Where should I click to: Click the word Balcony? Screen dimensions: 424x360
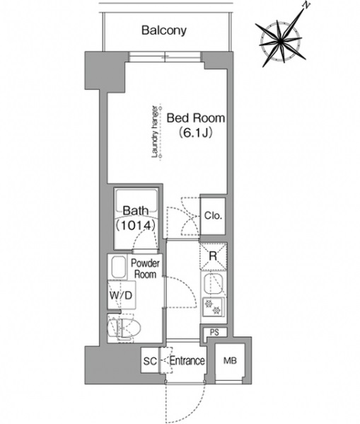click(163, 30)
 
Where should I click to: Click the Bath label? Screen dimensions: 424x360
click(134, 211)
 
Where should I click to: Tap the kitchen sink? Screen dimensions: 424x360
click(213, 285)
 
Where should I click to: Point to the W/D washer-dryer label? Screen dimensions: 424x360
click(118, 294)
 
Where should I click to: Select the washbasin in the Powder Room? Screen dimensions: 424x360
click(118, 268)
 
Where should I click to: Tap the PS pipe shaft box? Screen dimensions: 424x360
click(213, 331)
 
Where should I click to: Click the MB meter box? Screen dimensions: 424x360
click(231, 360)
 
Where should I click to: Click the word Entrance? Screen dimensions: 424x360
click(187, 361)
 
